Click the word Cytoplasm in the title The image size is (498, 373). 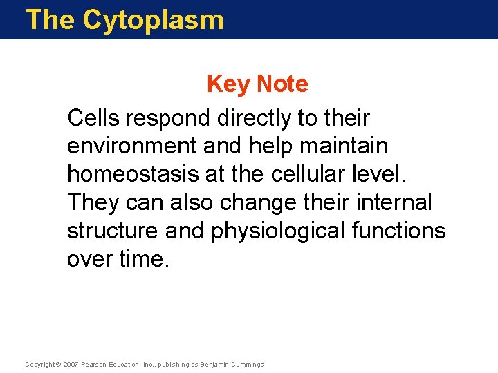[153, 20]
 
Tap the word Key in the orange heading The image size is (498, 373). [229, 84]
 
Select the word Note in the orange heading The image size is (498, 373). [282, 84]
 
